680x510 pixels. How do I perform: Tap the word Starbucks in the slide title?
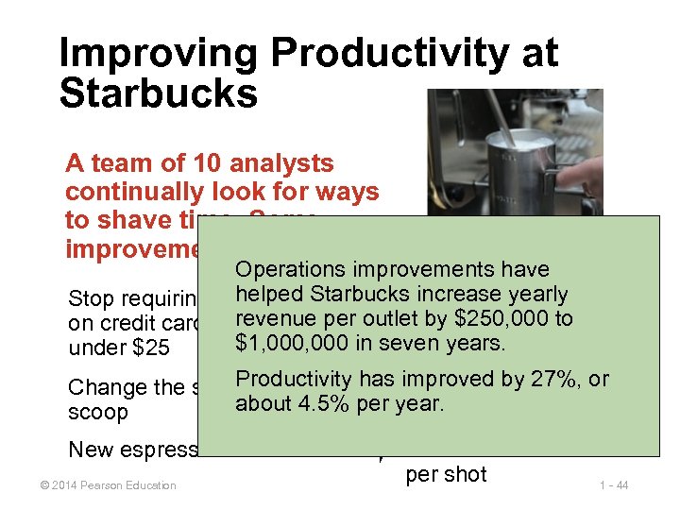click(x=158, y=94)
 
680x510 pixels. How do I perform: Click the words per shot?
click(x=446, y=473)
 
